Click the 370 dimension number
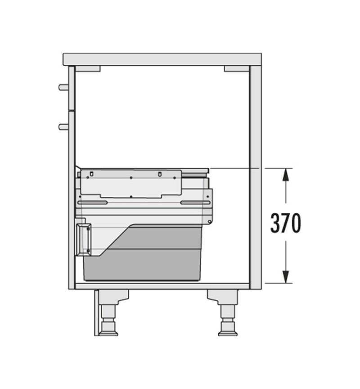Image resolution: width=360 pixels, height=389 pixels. pyautogui.click(x=285, y=223)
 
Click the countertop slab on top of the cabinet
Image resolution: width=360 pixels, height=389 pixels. pyautogui.click(x=162, y=59)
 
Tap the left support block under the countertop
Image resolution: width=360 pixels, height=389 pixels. pyautogui.click(x=87, y=69)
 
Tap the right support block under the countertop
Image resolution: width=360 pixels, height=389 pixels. pyautogui.click(x=236, y=69)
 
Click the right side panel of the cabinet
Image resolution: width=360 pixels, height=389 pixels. pyautogui.click(x=255, y=176)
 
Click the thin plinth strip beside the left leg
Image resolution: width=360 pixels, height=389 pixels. pyautogui.click(x=96, y=313)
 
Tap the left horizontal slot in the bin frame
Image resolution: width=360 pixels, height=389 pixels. pyautogui.click(x=92, y=203)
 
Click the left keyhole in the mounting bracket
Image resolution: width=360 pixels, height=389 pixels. pyautogui.click(x=91, y=173)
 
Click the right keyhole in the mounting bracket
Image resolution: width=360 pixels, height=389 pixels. pyautogui.click(x=160, y=173)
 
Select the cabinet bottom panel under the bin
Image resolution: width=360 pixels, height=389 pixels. pyautogui.click(x=162, y=286)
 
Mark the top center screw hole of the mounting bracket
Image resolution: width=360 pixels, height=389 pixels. pyautogui.click(x=130, y=177)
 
